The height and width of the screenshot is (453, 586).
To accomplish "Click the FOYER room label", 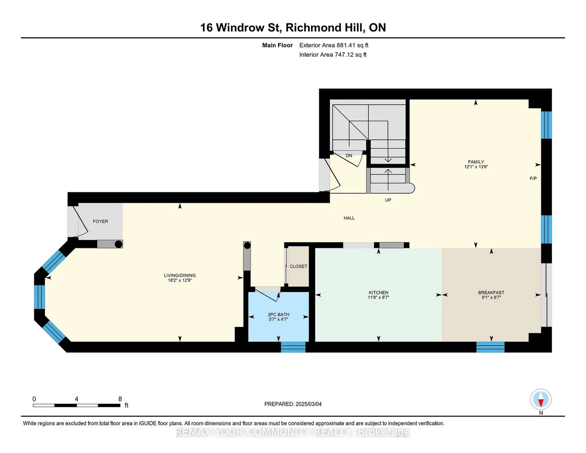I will click(x=101, y=221).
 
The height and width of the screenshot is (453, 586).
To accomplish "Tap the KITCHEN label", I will click(x=378, y=293).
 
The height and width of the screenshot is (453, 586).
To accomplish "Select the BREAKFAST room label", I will click(x=491, y=293).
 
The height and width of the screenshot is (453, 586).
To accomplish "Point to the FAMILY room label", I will click(x=476, y=162).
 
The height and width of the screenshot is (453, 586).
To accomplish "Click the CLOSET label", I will click(x=298, y=266).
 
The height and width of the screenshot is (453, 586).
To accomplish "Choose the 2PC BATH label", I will click(x=278, y=315).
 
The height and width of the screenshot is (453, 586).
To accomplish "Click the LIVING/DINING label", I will click(x=179, y=275).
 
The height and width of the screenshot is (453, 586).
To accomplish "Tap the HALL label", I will click(x=349, y=218).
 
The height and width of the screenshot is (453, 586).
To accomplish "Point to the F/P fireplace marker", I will click(x=533, y=178).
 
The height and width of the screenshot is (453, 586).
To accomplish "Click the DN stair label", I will click(x=348, y=156).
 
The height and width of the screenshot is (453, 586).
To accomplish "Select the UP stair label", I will click(x=388, y=200).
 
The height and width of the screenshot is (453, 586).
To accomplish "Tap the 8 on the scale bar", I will click(x=120, y=399).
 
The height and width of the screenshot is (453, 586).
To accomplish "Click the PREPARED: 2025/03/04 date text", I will click(x=293, y=404).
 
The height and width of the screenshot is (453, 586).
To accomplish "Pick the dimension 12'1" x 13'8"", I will click(x=476, y=167).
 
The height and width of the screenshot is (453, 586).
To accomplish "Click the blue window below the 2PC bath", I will click(x=293, y=347).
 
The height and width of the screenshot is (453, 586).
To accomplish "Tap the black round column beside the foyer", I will click(x=118, y=244).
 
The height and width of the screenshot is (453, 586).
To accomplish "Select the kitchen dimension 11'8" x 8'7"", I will click(x=378, y=297).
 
